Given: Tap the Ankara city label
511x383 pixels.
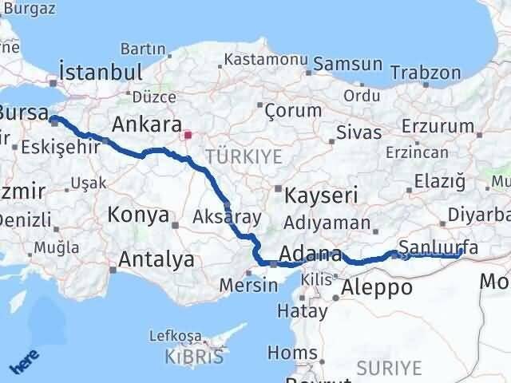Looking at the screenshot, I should [146, 124].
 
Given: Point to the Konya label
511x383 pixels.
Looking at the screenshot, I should [139, 215].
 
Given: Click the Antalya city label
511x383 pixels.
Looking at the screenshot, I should [156, 259].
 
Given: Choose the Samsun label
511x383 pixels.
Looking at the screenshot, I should [348, 65].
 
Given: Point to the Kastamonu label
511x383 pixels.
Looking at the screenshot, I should [266, 59].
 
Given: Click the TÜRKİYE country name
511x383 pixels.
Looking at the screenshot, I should [244, 156].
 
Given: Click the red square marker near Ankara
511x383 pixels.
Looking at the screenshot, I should [188, 136].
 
